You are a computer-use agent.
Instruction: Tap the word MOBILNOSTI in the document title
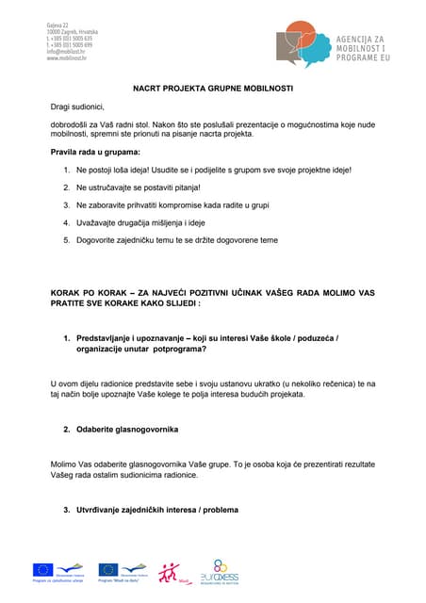click(267, 88)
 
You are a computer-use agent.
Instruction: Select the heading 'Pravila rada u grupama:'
click(95, 152)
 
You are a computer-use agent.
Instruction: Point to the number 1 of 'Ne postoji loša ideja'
click(66, 170)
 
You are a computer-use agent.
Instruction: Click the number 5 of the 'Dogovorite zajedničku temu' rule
click(66, 240)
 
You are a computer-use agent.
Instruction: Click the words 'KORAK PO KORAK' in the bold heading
click(88, 294)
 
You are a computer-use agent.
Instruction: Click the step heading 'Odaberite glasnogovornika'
click(127, 430)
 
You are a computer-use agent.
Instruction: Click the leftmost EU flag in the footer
click(42, 569)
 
